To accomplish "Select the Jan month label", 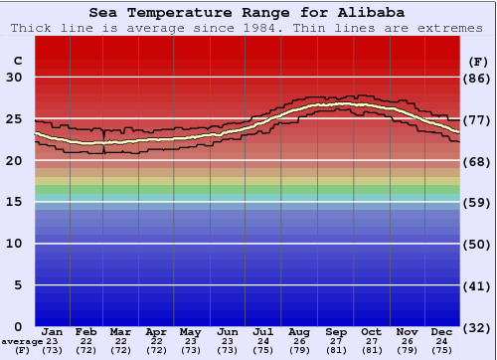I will tap(53, 331).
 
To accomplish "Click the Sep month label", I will tap(336, 331).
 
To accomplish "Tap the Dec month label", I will tap(441, 331).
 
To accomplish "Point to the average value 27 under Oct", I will tap(371, 341).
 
